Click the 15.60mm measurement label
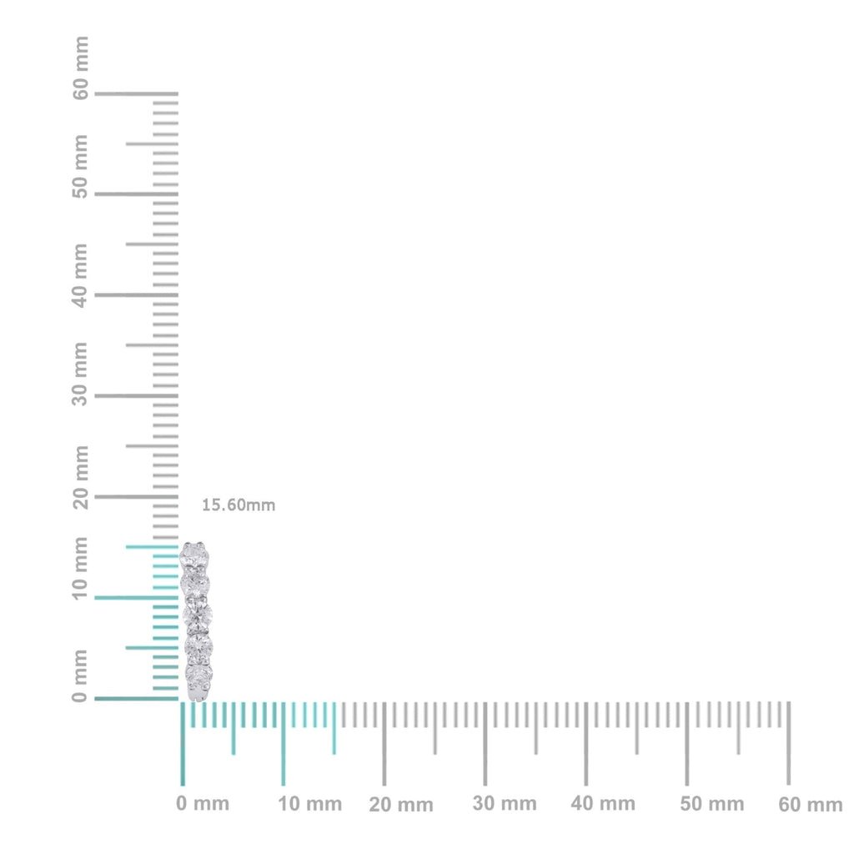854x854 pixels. (239, 505)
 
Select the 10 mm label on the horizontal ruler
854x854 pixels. (310, 804)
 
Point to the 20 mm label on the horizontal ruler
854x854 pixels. (401, 805)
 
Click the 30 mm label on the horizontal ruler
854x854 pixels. (505, 803)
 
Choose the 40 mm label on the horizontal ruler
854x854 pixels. (603, 803)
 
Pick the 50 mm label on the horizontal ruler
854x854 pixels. (711, 803)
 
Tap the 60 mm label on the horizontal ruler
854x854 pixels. (811, 804)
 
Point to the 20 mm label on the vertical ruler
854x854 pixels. (80, 476)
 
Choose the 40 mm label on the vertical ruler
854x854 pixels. (80, 274)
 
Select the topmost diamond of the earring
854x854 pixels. (195, 552)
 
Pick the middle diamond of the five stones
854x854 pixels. (198, 615)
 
